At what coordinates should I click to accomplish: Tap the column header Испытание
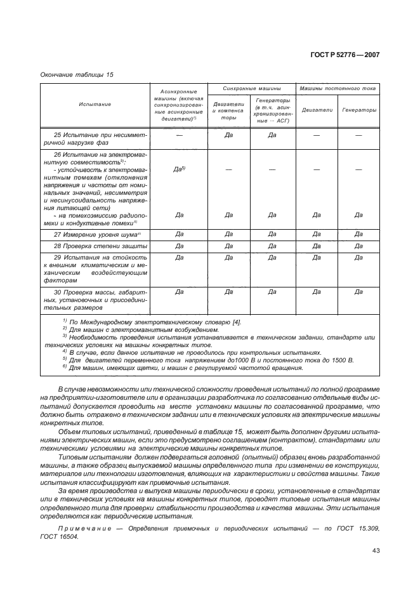coord(95,104)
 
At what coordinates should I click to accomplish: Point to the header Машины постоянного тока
coord(338,89)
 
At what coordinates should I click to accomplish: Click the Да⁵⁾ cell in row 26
coord(179,169)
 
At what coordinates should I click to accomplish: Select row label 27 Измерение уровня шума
coord(98,234)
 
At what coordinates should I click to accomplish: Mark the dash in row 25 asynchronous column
coord(179,135)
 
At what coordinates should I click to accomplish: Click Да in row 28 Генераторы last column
coord(358,246)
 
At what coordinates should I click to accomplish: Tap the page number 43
coord(375,550)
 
